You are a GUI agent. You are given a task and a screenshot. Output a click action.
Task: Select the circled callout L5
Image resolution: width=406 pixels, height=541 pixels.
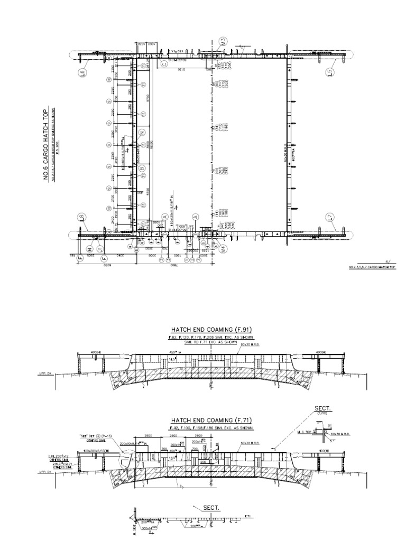[331, 71]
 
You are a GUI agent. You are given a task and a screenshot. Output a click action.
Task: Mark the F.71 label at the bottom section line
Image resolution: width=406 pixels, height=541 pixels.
[247, 515]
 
